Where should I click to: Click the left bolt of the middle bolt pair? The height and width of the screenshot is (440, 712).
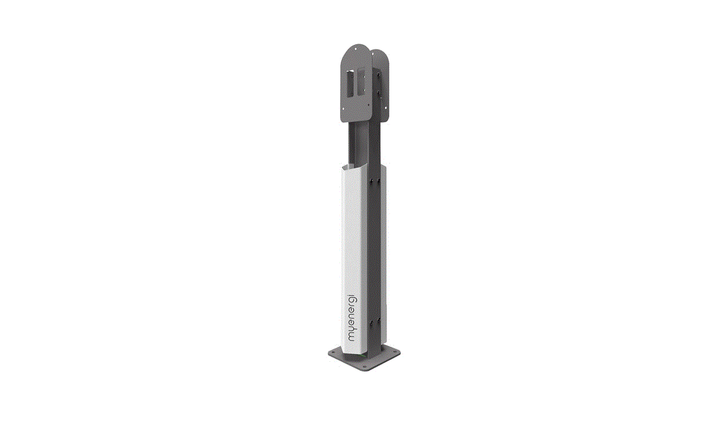372,183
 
